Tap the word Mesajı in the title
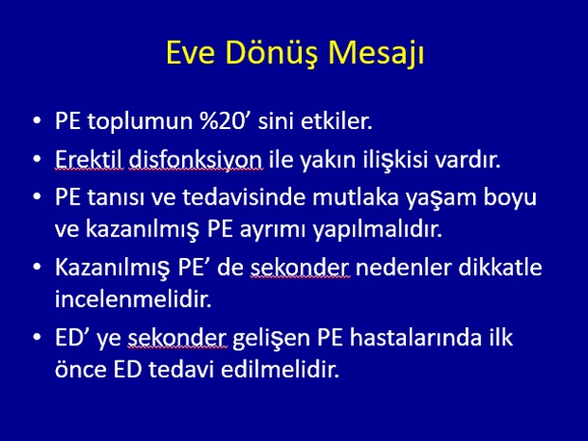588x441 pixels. tap(377, 54)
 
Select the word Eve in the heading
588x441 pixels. tap(191, 52)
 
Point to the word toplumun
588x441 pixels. tap(139, 122)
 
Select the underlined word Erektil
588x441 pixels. tap(89, 159)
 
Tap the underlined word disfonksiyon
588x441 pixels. tap(195, 160)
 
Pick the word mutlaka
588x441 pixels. tap(355, 197)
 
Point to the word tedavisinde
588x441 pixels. tap(244, 197)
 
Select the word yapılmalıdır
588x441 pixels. tap(377, 230)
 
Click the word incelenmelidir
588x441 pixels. tap(133, 299)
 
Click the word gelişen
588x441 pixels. tap(272, 339)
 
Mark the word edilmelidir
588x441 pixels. tap(280, 369)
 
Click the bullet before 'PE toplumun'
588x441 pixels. tap(37, 121)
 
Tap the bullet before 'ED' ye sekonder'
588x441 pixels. tap(37, 337)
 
